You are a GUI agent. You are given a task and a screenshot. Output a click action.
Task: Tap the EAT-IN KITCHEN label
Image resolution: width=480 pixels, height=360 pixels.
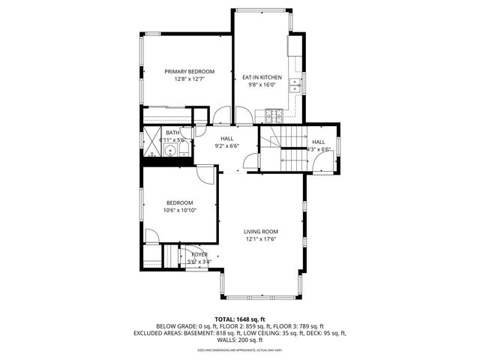click(x=262, y=77)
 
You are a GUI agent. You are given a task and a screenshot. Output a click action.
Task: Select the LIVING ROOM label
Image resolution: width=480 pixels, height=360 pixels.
click(x=261, y=232)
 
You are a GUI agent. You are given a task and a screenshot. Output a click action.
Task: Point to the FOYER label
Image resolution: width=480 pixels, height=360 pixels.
click(x=199, y=255)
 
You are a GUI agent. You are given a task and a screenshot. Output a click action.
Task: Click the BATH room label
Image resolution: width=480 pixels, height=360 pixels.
click(x=172, y=133)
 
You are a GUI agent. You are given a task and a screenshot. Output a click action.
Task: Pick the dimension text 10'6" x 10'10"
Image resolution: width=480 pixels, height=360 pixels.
click(x=179, y=210)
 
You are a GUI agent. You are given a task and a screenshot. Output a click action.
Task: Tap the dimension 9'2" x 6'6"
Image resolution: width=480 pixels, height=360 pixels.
click(x=226, y=146)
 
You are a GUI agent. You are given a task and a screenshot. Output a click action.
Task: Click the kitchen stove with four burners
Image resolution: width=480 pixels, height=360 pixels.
click(x=272, y=115)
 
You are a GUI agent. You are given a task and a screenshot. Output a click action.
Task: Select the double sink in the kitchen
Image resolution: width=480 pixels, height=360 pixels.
click(x=296, y=84)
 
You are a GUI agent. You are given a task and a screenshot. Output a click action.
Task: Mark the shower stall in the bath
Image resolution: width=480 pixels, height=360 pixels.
click(x=151, y=140)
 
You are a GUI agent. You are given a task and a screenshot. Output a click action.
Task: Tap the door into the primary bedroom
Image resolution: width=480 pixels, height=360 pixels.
click(x=221, y=116)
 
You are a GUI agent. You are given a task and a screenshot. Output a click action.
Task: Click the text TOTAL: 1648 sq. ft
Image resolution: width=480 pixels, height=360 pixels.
click(x=239, y=319)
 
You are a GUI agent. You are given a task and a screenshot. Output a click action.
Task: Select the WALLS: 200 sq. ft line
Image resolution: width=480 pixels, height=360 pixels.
click(x=239, y=340)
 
